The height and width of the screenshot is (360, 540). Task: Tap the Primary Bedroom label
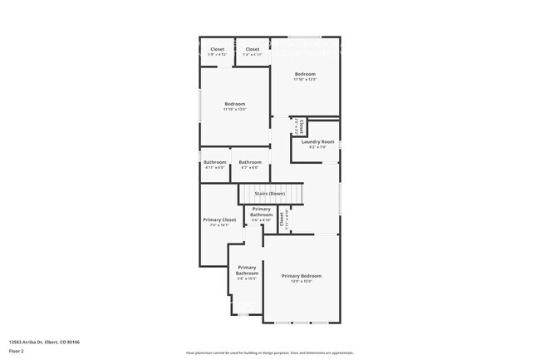point(301,275)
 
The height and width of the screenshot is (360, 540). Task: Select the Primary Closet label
point(219,219)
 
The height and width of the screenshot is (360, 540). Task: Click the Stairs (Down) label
point(270,194)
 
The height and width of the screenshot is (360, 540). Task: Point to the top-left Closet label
point(217,49)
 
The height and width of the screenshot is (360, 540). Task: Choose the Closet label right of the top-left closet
point(253,49)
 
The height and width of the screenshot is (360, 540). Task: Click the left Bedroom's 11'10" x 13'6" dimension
point(234,110)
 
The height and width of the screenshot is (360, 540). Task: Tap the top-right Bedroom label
point(306,74)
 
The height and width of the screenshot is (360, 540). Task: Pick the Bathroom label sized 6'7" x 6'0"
point(250,162)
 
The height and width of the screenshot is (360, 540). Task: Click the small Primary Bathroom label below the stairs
point(262,212)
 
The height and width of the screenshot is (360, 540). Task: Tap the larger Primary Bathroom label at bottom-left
point(247,270)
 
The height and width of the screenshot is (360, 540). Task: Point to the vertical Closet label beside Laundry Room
point(302,126)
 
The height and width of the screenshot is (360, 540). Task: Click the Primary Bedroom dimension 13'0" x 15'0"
point(301,281)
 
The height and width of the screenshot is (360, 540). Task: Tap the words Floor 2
point(16,351)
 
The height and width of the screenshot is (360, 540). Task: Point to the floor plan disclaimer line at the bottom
point(270,353)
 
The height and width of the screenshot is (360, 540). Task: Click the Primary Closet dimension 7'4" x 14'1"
point(219,224)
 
